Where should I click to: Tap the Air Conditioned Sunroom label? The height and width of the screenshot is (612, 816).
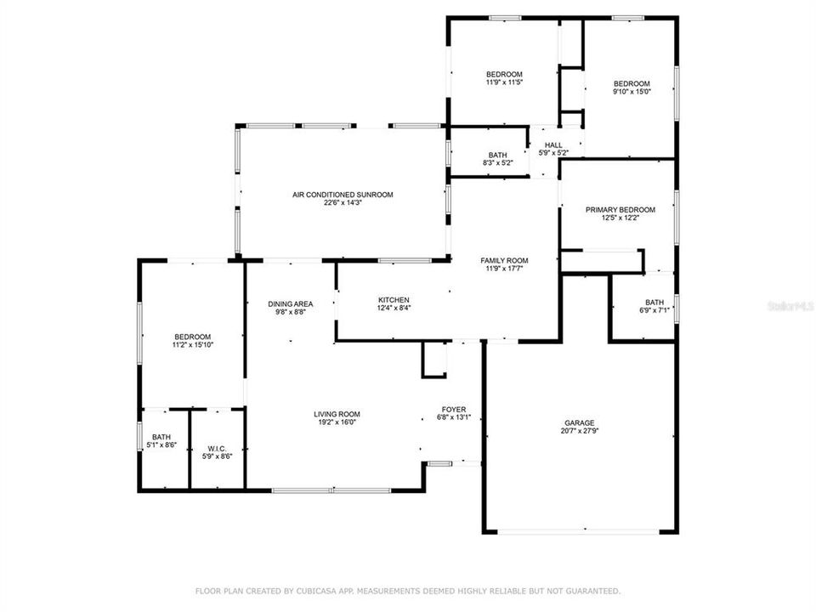coord(343,195)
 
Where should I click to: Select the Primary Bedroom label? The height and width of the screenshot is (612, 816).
coord(620,210)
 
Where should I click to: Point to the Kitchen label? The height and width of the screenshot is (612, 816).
coord(394,300)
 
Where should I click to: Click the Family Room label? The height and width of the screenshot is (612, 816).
coord(504,260)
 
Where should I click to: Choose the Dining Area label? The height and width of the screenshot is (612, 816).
coord(291,303)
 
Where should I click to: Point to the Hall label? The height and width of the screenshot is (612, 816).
coord(553,145)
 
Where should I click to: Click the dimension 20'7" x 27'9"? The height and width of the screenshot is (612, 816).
coord(580,431)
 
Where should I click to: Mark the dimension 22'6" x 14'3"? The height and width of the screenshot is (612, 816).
coord(343,203)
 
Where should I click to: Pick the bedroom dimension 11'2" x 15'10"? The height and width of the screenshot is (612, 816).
coord(192,345)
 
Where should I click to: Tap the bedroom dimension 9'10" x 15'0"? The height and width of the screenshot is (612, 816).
coord(632,92)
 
